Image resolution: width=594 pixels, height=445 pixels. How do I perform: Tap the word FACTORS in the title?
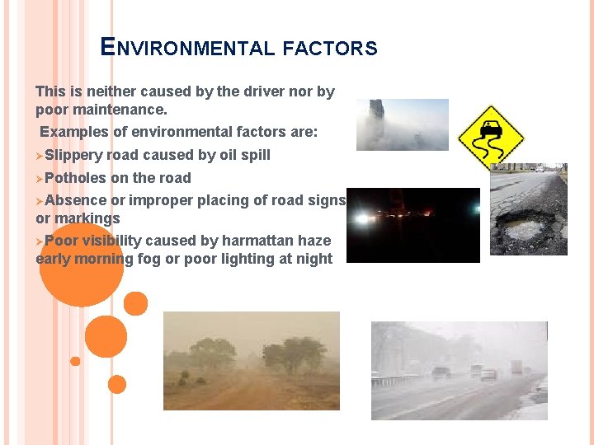329,49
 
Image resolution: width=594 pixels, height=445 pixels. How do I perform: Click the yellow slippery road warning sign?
491,137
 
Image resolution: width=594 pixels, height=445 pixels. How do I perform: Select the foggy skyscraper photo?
402,124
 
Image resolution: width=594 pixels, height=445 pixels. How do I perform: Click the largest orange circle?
80,265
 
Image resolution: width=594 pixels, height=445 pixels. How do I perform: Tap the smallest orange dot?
75,361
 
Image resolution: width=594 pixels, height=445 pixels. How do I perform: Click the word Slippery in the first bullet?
74,155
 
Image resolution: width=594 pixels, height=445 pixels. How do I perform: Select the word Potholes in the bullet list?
76,178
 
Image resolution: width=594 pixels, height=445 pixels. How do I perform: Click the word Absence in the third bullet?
76,200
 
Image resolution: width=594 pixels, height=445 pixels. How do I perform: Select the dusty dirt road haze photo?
251,360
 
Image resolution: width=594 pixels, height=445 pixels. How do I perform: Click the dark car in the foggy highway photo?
441,372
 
